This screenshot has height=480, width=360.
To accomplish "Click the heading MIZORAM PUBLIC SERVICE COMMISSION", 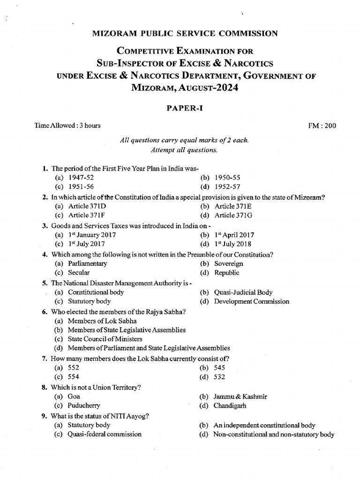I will pos(180,33).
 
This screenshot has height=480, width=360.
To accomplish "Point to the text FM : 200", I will pos(321,126).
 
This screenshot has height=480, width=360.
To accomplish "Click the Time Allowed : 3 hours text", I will pos(67,126).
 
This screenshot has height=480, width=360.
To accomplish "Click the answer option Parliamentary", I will pos(87,263).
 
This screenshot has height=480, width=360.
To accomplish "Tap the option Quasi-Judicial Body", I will pos(243,292).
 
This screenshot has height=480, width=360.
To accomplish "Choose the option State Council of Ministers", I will pos(105,339).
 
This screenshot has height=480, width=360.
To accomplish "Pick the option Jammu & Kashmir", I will pos(240,397).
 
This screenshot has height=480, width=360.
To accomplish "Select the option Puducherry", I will pos(84,405).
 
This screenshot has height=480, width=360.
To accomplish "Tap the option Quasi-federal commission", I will pos(105,434).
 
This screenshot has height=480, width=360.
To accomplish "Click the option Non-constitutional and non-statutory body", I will pos(274,435).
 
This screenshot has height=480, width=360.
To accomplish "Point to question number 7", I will pos(43,359).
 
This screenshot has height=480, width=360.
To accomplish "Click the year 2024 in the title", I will pos(225,87).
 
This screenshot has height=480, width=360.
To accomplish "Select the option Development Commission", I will pos(251,301).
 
